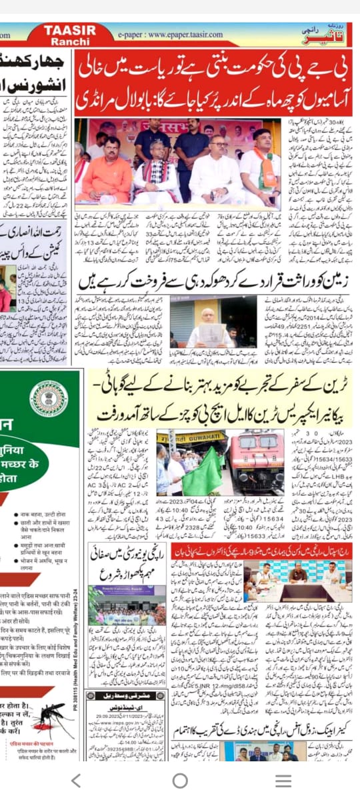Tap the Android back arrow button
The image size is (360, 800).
(76, 781)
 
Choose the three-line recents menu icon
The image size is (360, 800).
(283, 781)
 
